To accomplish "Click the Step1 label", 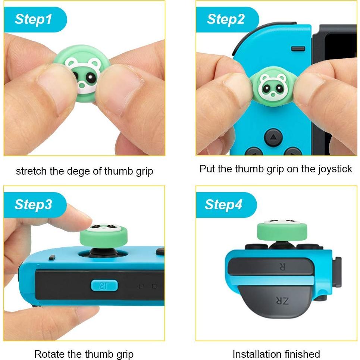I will coord(34,19).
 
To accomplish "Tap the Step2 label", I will coord(226,19).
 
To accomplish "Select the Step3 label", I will coord(33,204).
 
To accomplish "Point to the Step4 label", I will coord(224,204).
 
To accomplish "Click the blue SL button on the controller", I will coord(104,286).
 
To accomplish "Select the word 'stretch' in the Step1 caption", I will coord(28,171).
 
